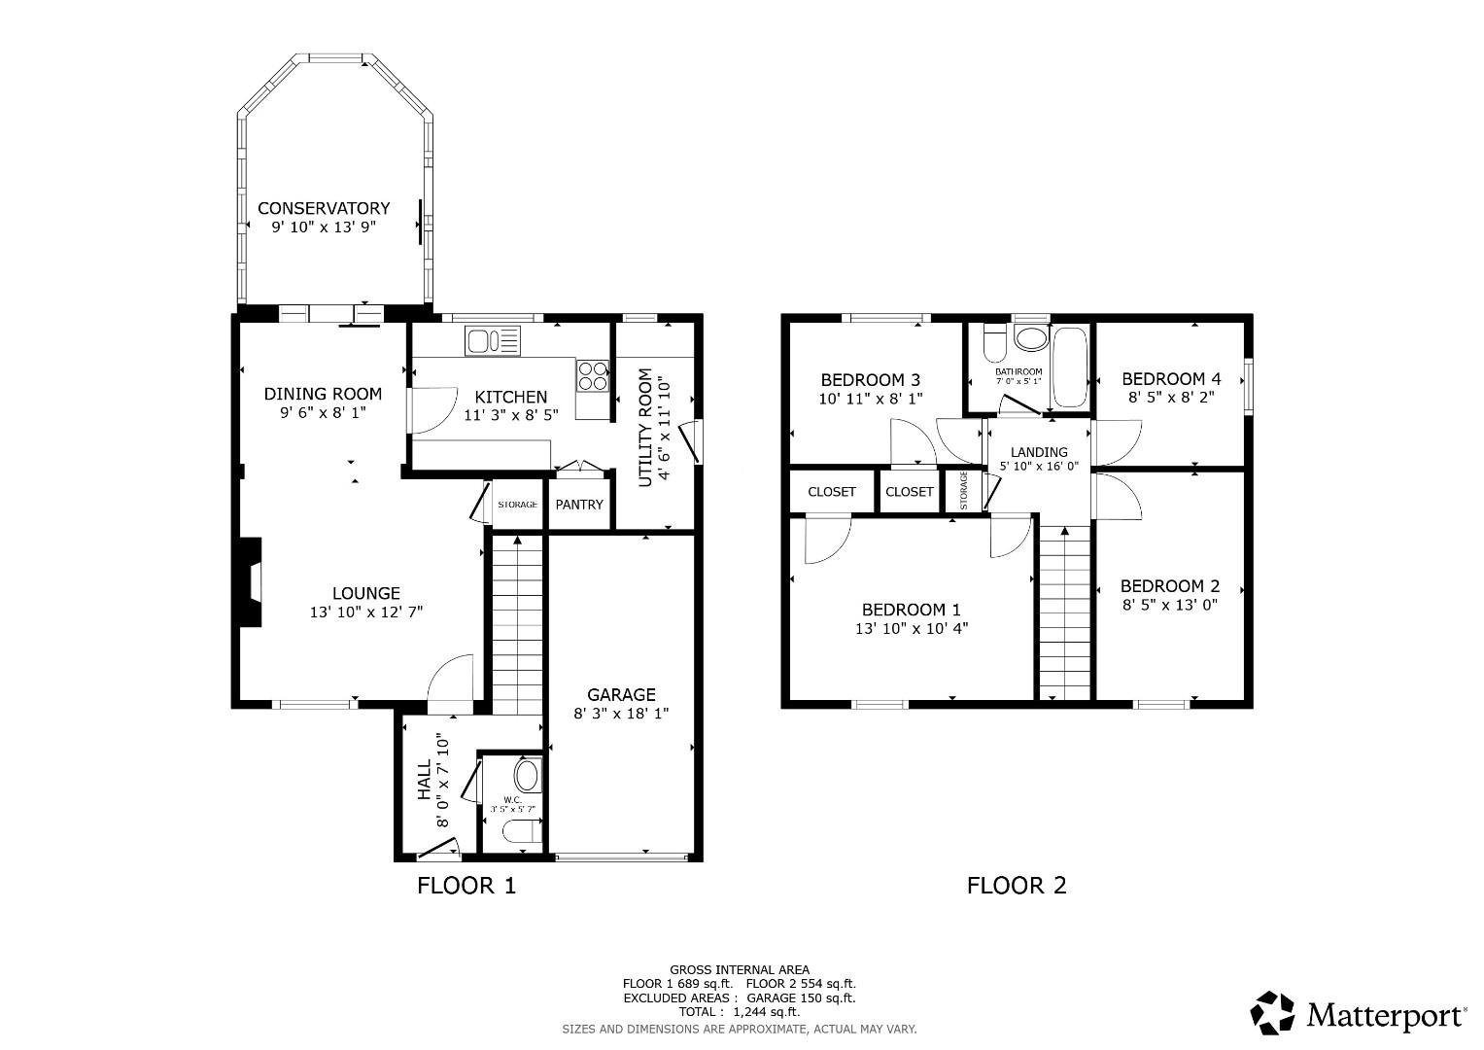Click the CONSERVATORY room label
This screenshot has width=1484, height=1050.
point(324,208)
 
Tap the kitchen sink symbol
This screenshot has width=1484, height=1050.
point(493,341)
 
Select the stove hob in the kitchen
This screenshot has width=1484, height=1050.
point(593,375)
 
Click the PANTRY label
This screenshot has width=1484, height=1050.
point(579,505)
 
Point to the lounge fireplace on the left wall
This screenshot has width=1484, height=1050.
point(252,583)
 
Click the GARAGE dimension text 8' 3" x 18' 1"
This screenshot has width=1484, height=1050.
point(621,714)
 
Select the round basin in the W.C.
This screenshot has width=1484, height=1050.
point(526,775)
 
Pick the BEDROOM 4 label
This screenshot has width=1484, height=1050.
point(1170,379)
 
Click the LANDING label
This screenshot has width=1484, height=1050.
point(1039,452)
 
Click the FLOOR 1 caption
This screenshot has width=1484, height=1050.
point(466,886)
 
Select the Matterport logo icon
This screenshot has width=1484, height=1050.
point(1272,1013)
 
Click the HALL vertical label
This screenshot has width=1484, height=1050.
point(425,781)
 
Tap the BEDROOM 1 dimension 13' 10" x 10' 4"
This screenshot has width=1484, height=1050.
point(911,628)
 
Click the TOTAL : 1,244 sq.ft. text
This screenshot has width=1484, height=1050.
point(739,1012)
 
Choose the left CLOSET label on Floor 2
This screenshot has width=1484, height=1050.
point(832,492)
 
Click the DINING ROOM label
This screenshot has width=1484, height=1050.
point(323,394)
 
